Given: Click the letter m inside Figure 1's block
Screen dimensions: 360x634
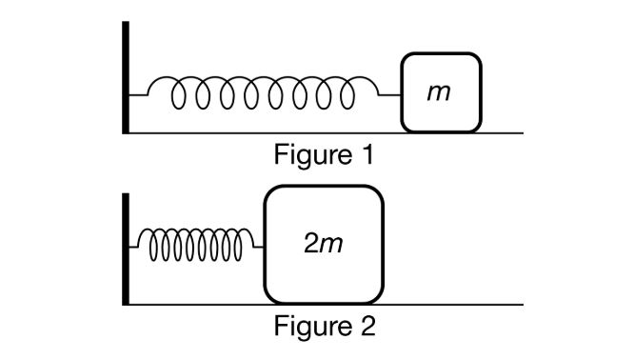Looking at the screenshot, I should coord(439,94).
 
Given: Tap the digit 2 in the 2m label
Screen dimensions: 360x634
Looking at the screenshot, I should coord(310,245).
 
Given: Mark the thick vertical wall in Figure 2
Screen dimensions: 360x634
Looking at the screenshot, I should coord(125,248).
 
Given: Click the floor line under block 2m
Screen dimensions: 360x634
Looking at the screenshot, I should coord(324,305).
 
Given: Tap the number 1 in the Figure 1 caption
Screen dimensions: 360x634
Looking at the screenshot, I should coord(358,154).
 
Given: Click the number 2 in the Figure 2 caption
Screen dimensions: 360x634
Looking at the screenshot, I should coord(360,327).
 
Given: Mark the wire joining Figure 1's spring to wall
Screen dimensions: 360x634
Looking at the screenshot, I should coord(138,95).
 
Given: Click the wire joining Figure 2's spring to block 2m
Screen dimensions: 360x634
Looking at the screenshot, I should coord(258,249).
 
